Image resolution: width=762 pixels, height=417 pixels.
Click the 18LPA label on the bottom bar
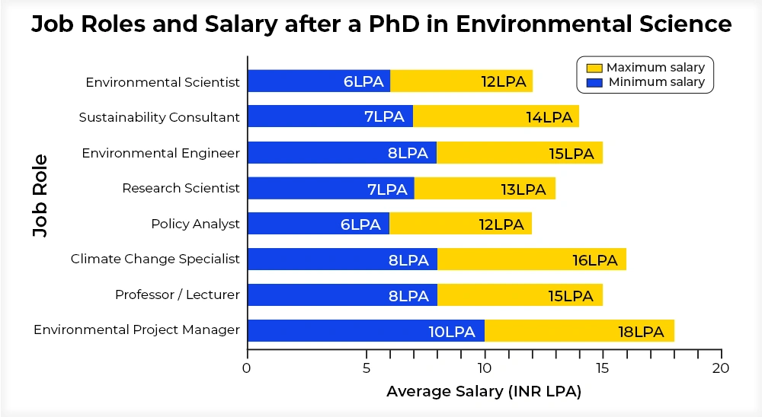tap(641, 332)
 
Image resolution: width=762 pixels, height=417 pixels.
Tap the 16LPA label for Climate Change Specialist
tap(594, 260)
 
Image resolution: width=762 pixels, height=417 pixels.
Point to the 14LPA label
tap(549, 117)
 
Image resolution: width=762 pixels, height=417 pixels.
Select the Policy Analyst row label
tap(195, 224)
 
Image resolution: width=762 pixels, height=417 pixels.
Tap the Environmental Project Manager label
tap(136, 329)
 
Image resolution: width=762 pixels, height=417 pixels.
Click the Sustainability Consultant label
tap(159, 117)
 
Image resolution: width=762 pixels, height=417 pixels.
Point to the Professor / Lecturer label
tap(177, 294)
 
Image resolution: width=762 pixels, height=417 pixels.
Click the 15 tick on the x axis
tap(602, 368)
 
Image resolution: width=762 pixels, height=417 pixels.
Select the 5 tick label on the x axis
tap(367, 368)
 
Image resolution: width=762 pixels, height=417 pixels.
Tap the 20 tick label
tap(721, 368)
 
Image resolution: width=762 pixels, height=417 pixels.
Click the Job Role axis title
tap(40, 196)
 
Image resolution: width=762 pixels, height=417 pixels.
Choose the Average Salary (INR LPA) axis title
tap(484, 392)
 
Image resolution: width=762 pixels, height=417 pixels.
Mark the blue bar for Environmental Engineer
tap(342, 152)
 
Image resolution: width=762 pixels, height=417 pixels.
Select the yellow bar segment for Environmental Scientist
tap(461, 81)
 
